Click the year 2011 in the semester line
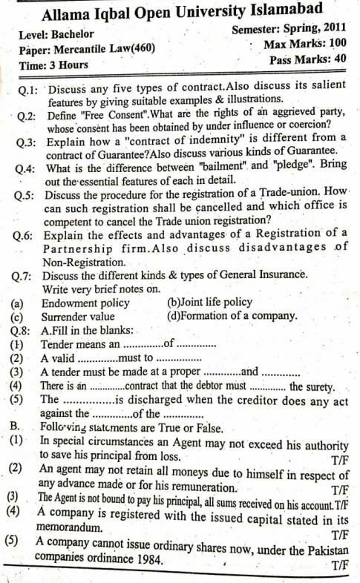click(x=332, y=30)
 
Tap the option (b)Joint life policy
click(x=211, y=302)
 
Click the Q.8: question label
click(x=24, y=330)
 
